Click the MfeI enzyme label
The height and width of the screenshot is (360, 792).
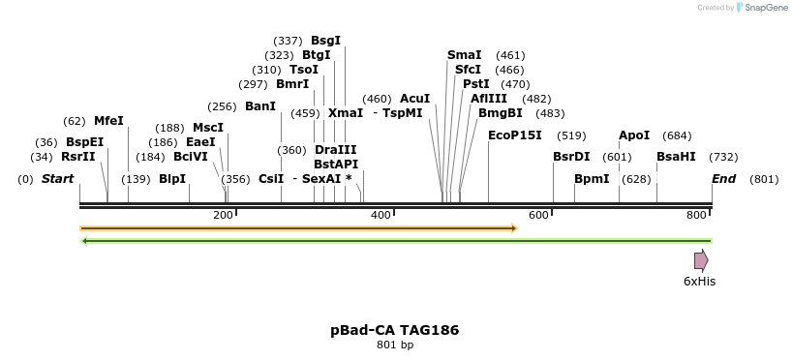(x=108, y=121)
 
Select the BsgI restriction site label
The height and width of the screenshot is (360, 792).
(x=325, y=41)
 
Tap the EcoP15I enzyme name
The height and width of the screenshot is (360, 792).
(x=515, y=135)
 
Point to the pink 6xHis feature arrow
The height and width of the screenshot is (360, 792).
(x=701, y=261)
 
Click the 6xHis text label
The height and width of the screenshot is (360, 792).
(x=700, y=282)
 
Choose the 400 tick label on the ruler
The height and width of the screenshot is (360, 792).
(x=381, y=215)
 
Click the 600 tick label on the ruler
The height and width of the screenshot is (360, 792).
(x=538, y=215)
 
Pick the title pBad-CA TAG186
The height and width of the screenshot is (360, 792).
(x=395, y=330)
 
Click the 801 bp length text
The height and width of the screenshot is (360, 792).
(x=395, y=345)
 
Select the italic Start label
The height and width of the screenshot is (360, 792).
(x=57, y=179)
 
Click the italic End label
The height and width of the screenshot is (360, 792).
(x=724, y=179)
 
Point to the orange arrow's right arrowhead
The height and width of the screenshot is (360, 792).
(x=515, y=228)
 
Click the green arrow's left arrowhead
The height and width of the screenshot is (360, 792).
(x=84, y=241)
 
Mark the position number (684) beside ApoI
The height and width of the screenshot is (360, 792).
(x=677, y=135)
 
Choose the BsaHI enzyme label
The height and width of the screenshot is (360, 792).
(x=676, y=157)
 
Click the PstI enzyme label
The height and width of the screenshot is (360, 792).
(x=476, y=84)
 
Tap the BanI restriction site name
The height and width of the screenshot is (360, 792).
(x=260, y=106)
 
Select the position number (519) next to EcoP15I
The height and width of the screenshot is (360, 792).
(x=571, y=135)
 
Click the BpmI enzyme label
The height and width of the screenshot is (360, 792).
(x=592, y=179)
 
